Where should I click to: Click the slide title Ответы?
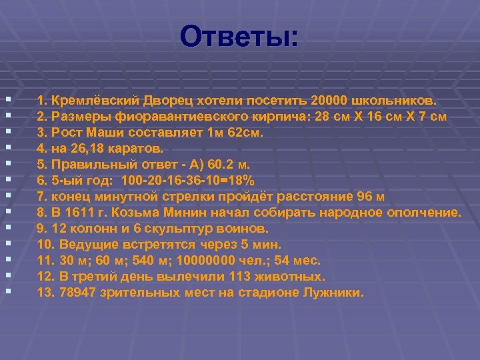241,37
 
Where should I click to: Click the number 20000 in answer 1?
341,101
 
